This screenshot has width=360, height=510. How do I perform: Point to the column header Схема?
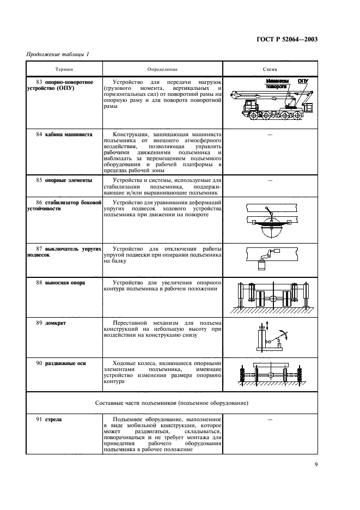270,70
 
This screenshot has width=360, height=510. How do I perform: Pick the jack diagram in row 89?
270,336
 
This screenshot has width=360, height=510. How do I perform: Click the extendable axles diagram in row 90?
270,376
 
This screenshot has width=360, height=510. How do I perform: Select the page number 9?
316,464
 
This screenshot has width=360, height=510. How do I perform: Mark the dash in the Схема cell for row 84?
270,135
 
